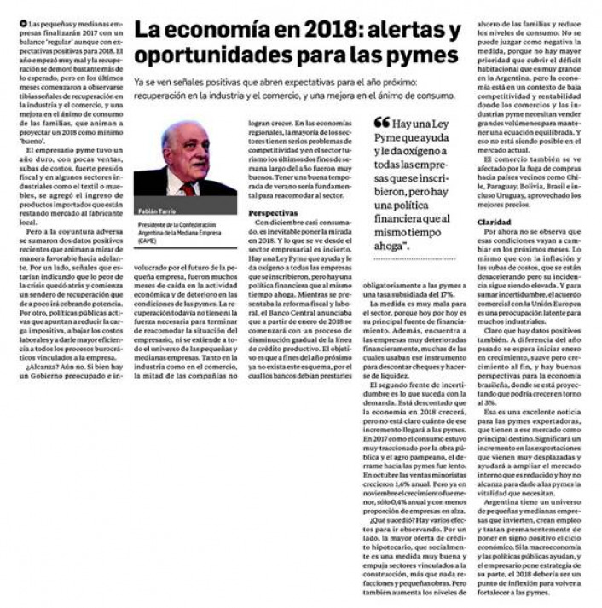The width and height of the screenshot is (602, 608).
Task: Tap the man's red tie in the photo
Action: [187, 187]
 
